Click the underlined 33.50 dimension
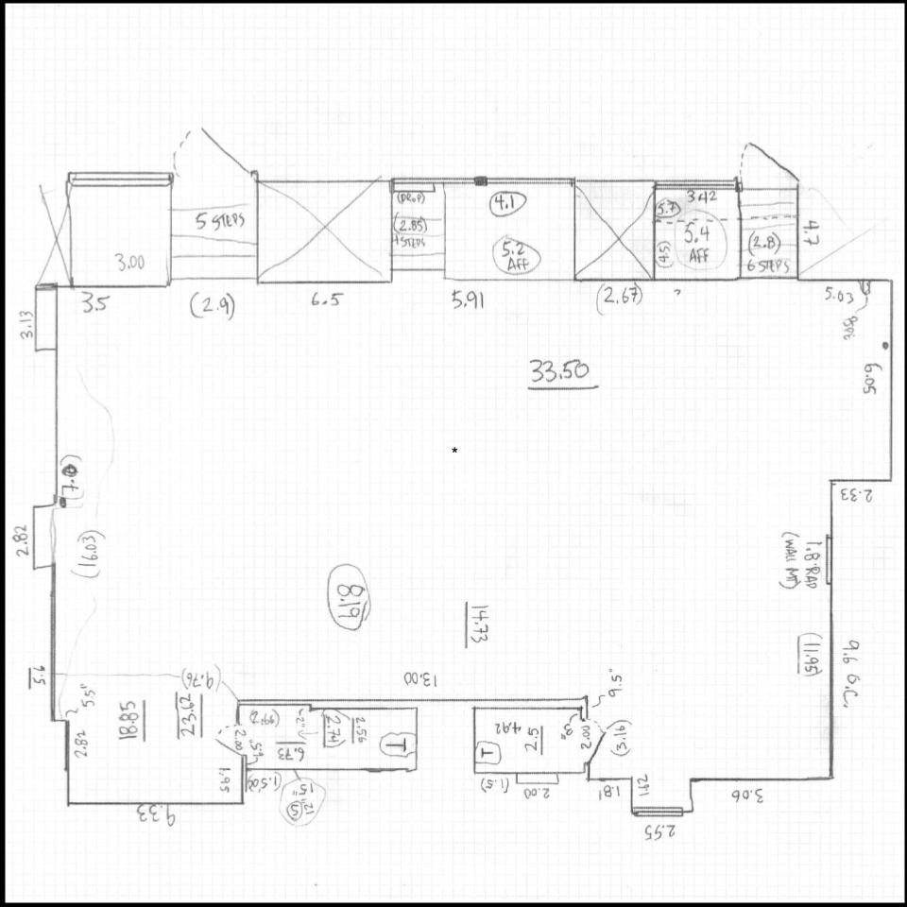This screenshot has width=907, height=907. click(563, 372)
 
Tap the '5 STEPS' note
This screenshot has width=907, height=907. click(220, 223)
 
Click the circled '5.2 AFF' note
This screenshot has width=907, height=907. click(516, 256)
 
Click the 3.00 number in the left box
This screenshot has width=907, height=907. click(130, 263)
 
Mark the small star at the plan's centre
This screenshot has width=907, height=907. click(454, 451)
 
